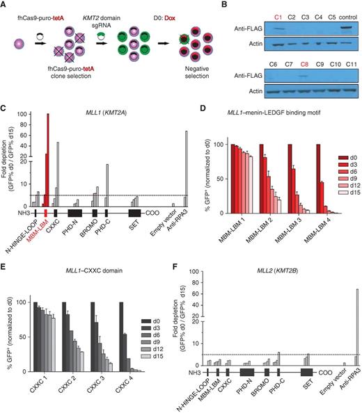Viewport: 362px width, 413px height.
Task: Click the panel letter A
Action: pos(5,6)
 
